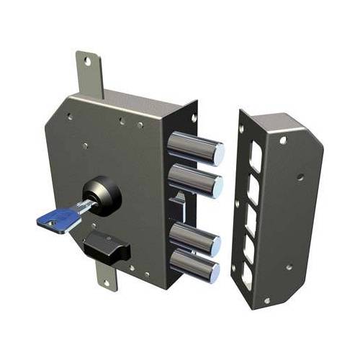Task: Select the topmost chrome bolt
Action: (x=194, y=148)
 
